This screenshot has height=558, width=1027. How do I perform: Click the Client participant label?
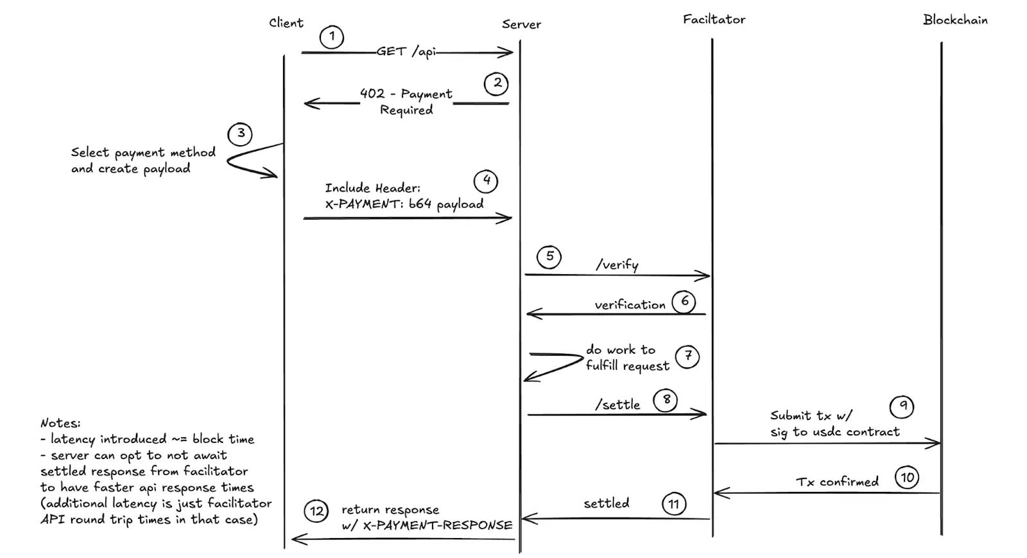286,23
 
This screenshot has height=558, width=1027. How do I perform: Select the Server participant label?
521,24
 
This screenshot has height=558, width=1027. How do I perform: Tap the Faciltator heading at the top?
714,20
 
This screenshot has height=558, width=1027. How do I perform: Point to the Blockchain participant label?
955,20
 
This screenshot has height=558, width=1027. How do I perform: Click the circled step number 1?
332,37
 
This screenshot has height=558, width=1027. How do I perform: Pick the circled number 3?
240,134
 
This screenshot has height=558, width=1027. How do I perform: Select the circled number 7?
687,356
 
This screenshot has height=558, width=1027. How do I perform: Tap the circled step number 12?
316,512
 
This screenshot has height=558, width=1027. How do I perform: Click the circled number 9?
902,406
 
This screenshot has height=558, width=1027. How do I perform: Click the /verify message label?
617,265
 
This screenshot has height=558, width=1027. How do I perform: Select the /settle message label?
617,405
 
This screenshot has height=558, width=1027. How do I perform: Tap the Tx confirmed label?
837,482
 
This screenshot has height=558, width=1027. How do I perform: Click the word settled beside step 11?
606,503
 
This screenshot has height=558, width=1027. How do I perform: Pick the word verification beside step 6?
630,305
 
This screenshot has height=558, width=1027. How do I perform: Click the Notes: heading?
60,423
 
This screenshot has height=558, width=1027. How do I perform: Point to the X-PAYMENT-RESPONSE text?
437,525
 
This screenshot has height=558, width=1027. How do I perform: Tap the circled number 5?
549,256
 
